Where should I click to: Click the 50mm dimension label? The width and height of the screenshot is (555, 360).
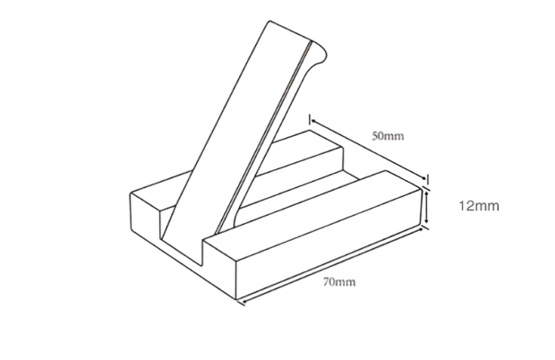tap(388, 136)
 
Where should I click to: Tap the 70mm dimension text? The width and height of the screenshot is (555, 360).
tap(339, 282)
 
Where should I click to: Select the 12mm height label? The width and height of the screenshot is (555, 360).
tap(479, 206)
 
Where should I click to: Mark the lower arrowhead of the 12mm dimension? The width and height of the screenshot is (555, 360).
tap(427, 221)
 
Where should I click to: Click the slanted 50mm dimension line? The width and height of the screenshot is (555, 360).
tap(369, 150)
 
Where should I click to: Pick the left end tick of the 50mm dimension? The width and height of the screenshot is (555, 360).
tap(310, 120)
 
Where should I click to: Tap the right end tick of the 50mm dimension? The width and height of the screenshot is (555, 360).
tap(428, 179)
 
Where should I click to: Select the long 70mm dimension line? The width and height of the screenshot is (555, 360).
tap(331, 266)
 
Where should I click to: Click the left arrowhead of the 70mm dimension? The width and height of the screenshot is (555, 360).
tap(243, 302)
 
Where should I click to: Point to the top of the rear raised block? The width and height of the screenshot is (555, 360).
tap(301, 152)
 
